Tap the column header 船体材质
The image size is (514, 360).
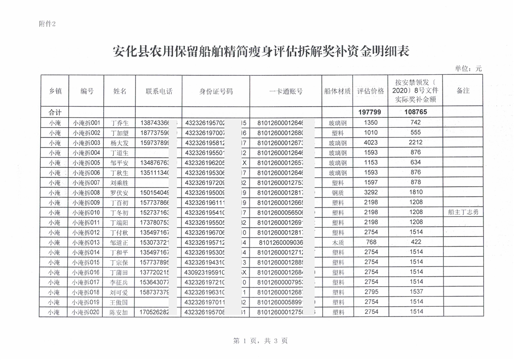(337, 91)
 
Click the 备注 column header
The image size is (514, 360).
(463, 91)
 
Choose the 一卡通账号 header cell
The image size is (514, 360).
(286, 91)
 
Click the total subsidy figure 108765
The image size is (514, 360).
(416, 113)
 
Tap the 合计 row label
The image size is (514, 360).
(55, 113)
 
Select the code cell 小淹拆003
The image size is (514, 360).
(87, 143)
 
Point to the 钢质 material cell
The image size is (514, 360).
(337, 192)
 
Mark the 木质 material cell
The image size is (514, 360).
(337, 242)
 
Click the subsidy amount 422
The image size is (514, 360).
(416, 242)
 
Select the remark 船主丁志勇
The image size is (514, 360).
(463, 212)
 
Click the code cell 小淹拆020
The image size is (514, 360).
(87, 312)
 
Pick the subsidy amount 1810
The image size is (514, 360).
(416, 192)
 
